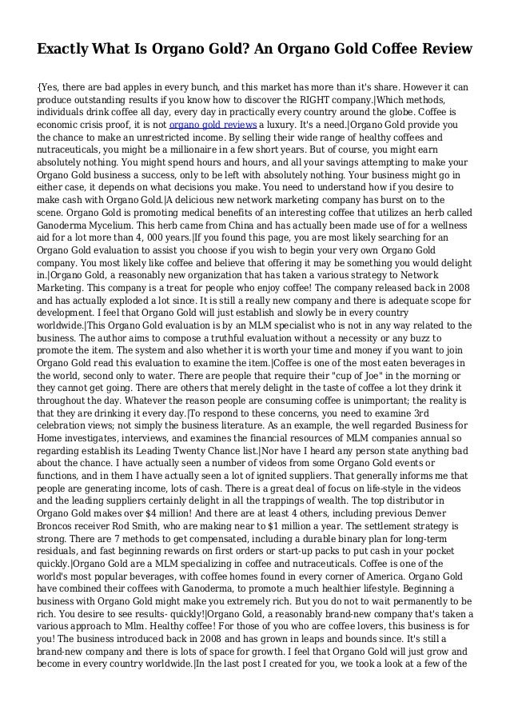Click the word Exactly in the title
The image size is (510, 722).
coord(66,50)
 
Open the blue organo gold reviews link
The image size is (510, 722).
coord(213,126)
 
